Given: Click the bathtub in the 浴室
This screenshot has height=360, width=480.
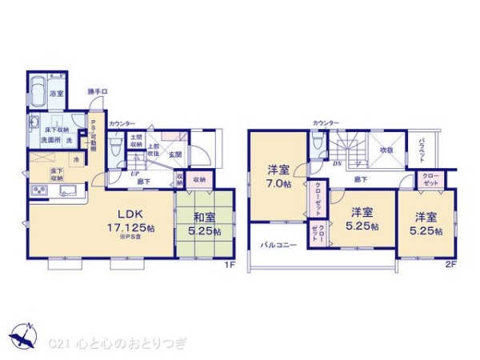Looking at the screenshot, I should pos(38,88).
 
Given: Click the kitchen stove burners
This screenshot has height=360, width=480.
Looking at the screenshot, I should pos(38,190).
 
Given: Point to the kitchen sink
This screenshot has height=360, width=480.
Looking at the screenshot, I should pos(67,190).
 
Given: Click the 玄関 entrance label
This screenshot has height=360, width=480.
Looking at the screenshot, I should pos(175,154).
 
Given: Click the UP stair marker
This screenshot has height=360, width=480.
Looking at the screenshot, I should pos(135,171).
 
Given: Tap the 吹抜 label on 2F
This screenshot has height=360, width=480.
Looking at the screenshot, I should pos(387,149).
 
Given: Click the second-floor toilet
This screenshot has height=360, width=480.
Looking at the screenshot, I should pos(318,144).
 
